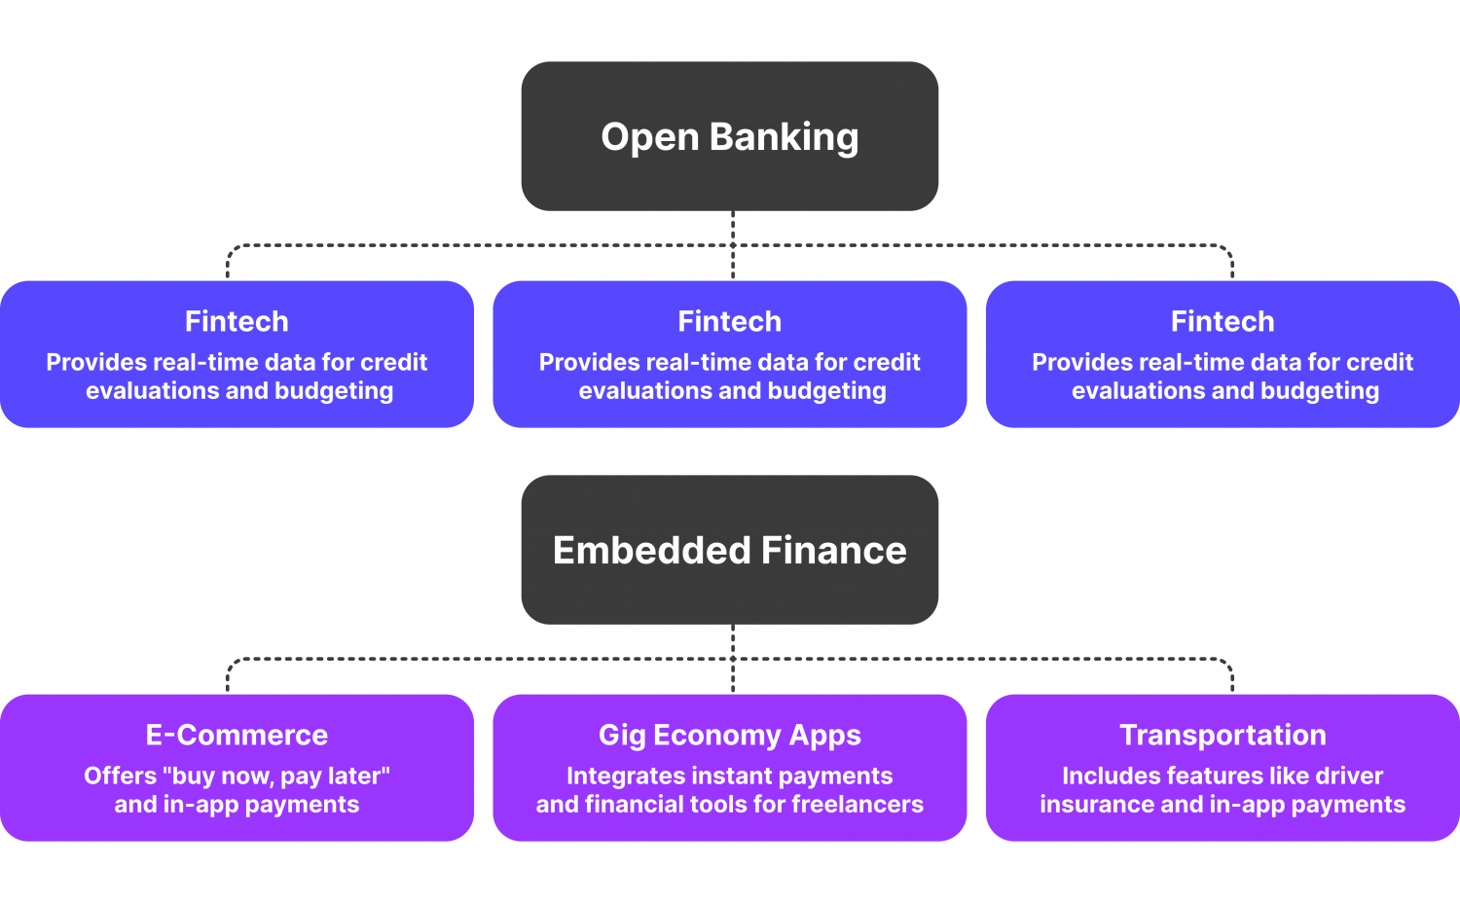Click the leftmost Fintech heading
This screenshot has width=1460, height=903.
(237, 321)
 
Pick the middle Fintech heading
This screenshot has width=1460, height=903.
(729, 321)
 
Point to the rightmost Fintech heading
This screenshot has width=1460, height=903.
(1223, 321)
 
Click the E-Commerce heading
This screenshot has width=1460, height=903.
(237, 735)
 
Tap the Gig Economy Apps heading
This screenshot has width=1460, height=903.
(729, 735)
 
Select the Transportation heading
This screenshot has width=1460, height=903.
(1223, 735)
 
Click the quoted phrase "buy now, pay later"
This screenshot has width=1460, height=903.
(276, 777)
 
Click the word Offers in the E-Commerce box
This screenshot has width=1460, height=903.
(120, 777)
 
